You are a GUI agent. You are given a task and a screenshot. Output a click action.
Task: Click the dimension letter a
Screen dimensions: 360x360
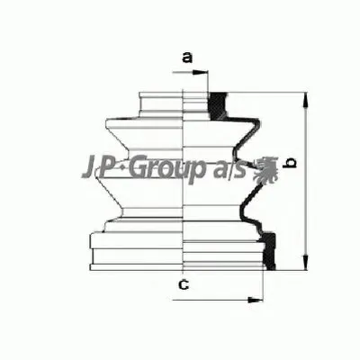tap(187, 58)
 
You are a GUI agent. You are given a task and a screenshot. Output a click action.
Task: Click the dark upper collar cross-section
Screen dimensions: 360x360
tap(216, 101)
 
